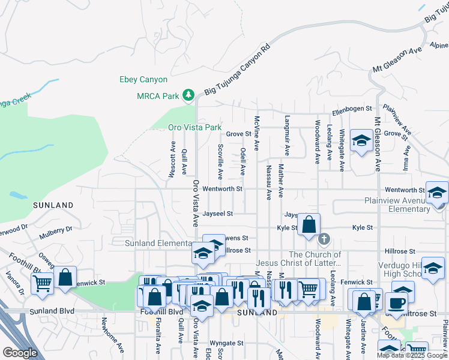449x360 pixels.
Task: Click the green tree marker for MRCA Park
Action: pyautogui.click(x=188, y=95)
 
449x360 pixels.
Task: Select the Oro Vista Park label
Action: pyautogui.click(x=194, y=128)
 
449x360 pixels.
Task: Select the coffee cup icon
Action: pyautogui.click(x=396, y=301)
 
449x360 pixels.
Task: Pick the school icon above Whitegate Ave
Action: pyautogui.click(x=361, y=141)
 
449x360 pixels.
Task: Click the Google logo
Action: pyautogui.click(x=20, y=353)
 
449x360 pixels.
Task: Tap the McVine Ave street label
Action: pyautogui.click(x=256, y=134)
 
